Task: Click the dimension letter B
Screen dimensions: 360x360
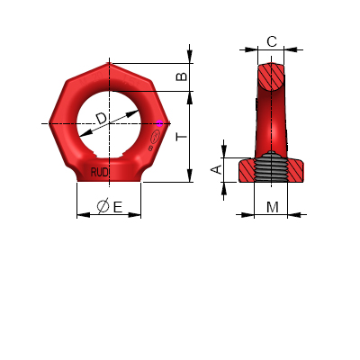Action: click(x=182, y=77)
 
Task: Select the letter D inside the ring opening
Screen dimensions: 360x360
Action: click(x=101, y=118)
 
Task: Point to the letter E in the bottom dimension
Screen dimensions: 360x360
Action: click(x=118, y=207)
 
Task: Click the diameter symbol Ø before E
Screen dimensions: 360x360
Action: click(x=103, y=207)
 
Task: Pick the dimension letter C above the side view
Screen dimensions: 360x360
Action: click(x=272, y=40)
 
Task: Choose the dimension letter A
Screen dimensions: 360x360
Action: click(x=216, y=169)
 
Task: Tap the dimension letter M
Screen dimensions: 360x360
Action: click(x=272, y=207)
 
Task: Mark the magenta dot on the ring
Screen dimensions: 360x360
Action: click(x=160, y=123)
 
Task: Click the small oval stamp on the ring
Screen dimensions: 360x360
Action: click(x=154, y=138)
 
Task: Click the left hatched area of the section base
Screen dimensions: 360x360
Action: click(x=247, y=170)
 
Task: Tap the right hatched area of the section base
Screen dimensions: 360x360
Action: click(x=295, y=170)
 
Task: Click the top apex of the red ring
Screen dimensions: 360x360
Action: click(x=111, y=63)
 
